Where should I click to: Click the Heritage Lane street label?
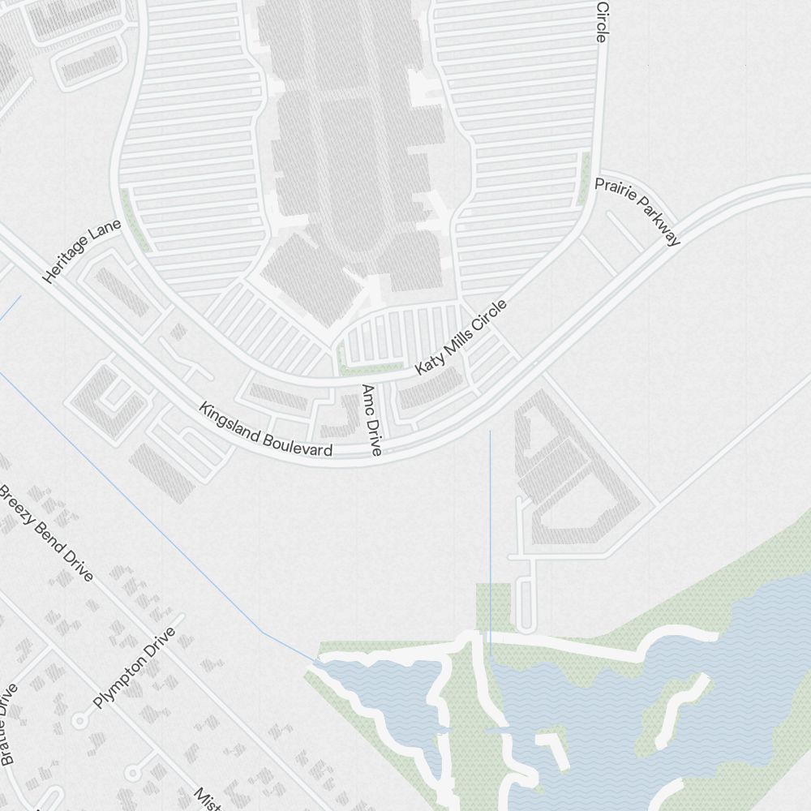coord(82,251)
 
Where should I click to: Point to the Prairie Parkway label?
coord(637,210)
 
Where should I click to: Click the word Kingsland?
coord(230,424)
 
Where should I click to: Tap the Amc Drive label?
coord(371,420)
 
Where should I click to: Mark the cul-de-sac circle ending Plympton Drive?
coord(79,719)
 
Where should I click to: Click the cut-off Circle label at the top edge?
coord(601,20)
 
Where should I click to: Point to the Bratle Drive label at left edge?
coord(8,724)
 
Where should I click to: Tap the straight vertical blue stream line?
coord(490,527)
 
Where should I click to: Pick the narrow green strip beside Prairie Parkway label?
coord(584,178)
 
